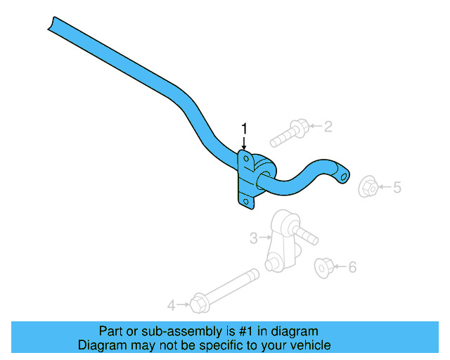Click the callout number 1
click(x=245, y=128)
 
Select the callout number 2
click(x=328, y=127)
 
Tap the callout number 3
click(x=254, y=238)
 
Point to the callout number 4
click(x=171, y=305)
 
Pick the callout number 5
click(x=397, y=187)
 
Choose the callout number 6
click(x=352, y=267)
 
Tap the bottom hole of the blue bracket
click(x=245, y=202)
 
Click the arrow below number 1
click(x=245, y=142)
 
